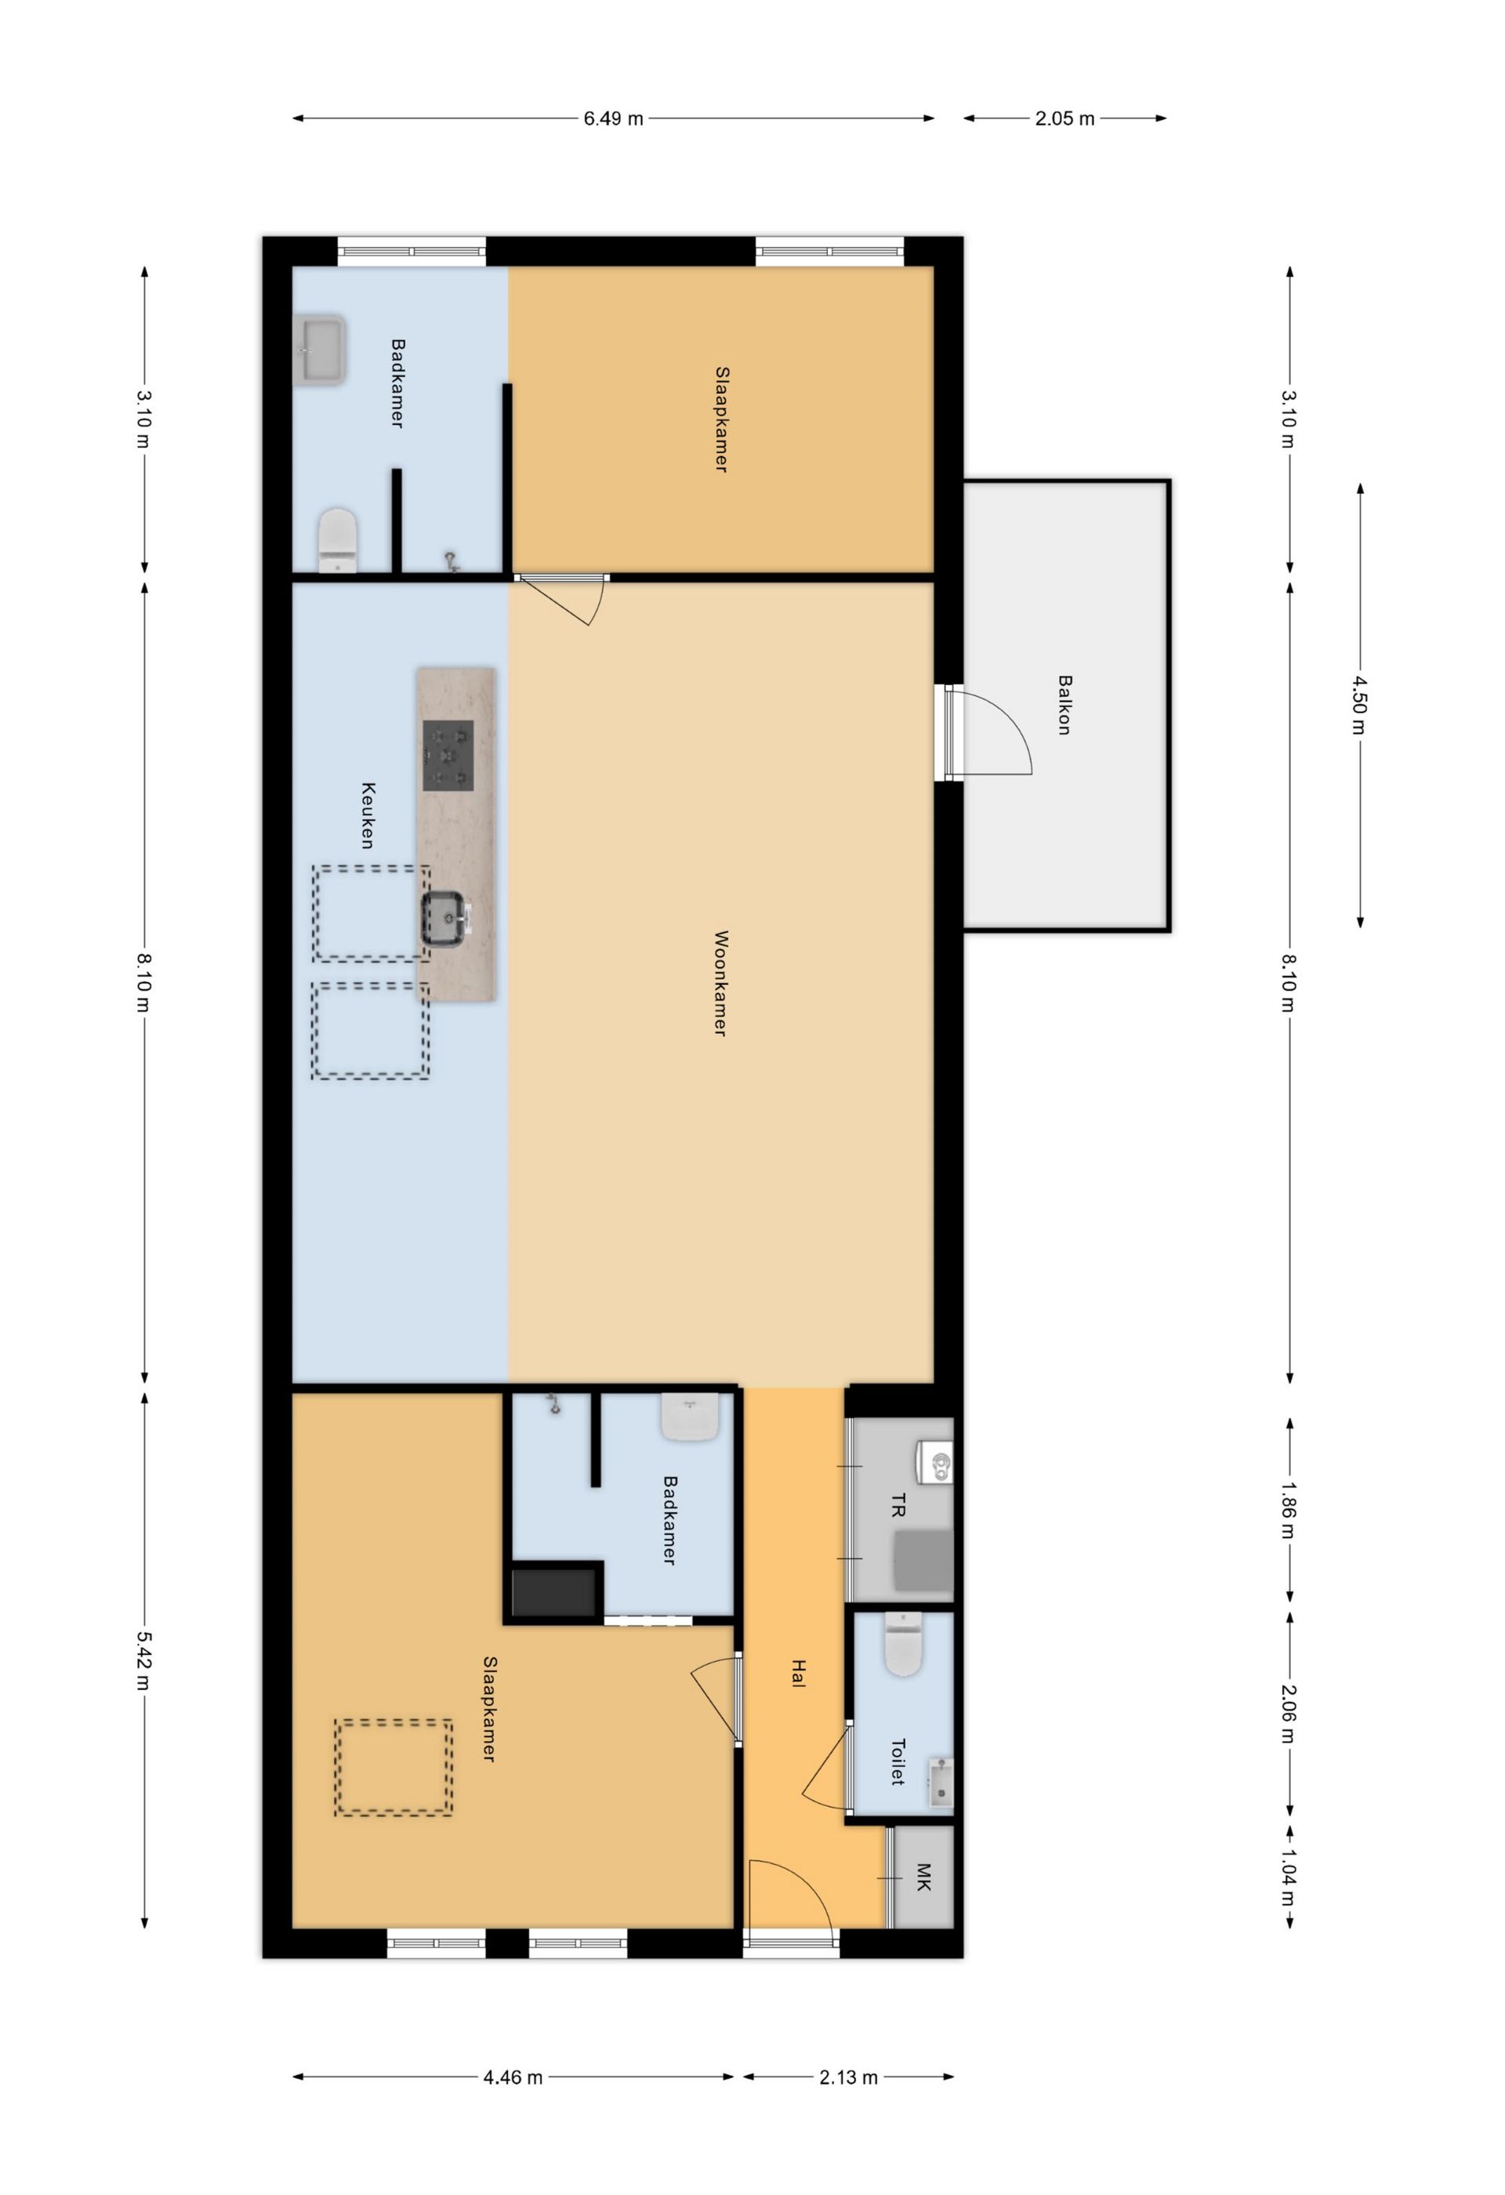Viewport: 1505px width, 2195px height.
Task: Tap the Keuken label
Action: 368,815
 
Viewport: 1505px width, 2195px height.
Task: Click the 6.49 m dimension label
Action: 613,119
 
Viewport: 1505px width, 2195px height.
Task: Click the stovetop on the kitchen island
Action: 448,755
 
